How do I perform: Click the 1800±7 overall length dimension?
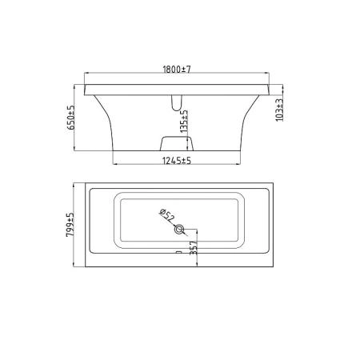click(x=177, y=70)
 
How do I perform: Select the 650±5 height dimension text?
click(x=70, y=118)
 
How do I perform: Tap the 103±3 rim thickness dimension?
click(x=279, y=110)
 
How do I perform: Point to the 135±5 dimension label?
click(x=184, y=122)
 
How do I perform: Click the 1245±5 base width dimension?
click(x=177, y=161)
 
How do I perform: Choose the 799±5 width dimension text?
click(x=70, y=225)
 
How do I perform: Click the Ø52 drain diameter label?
click(x=166, y=215)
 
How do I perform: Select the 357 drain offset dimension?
click(x=194, y=248)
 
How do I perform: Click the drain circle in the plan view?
click(x=179, y=229)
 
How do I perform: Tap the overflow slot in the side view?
click(x=176, y=103)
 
